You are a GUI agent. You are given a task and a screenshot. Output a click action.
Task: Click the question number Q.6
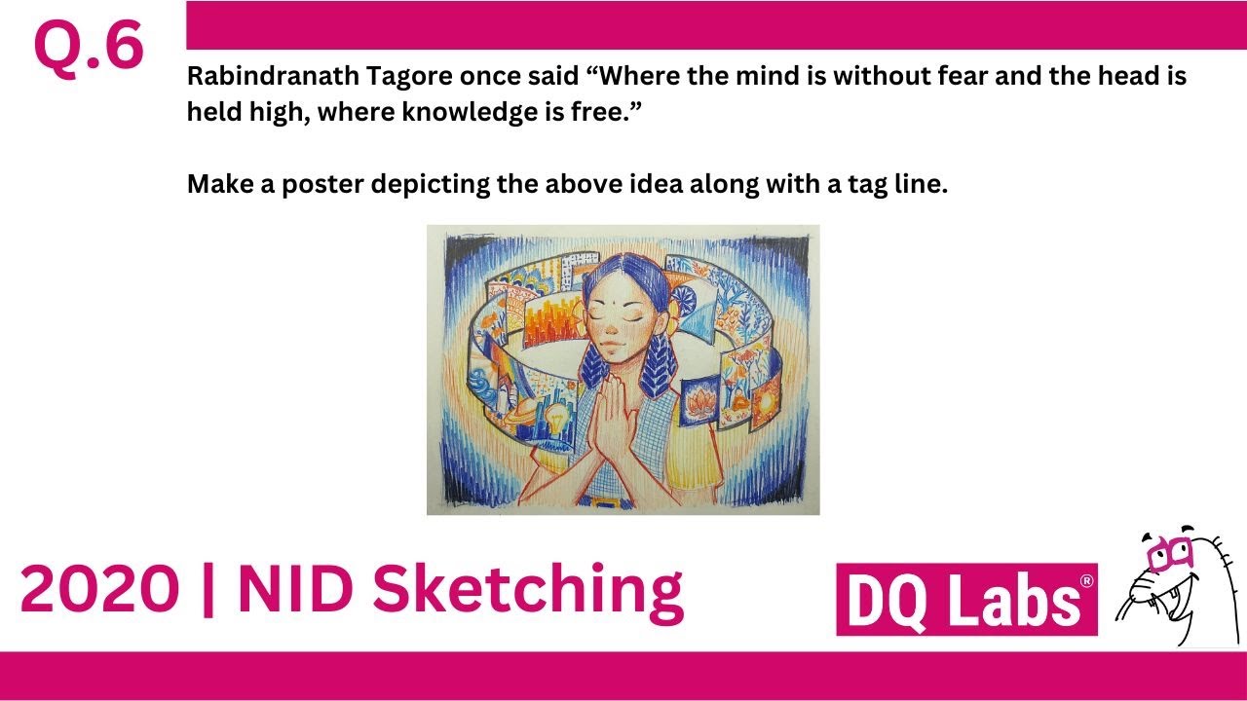[x=89, y=47]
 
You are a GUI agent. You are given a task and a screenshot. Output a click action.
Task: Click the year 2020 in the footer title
[x=97, y=589]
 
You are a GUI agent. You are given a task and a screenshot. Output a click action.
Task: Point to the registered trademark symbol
[x=1086, y=581]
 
